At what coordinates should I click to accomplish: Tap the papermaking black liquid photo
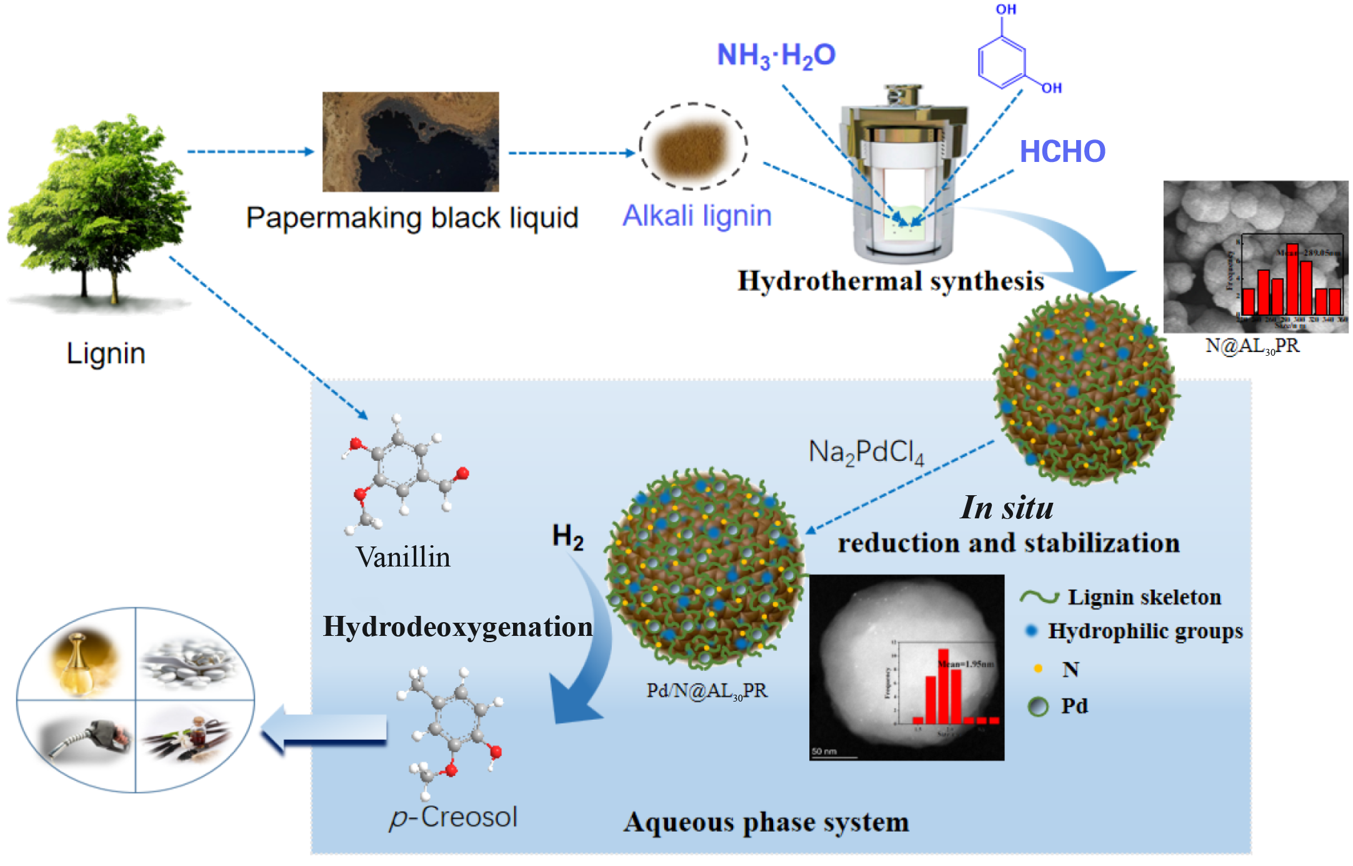coord(411,142)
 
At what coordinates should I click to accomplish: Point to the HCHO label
coord(1062,152)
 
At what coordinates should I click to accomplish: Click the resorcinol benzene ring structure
coord(1002,61)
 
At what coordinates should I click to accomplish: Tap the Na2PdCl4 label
coord(866,452)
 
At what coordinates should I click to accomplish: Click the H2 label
coord(567,537)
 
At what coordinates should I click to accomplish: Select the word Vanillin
coord(403,557)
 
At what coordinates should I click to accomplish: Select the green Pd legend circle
coord(1038,707)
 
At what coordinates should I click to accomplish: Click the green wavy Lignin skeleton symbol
coord(1039,597)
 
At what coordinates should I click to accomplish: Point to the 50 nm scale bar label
coord(824,751)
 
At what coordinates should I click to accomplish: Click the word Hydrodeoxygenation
coord(457,627)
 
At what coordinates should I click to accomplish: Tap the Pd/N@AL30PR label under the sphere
coord(706,691)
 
